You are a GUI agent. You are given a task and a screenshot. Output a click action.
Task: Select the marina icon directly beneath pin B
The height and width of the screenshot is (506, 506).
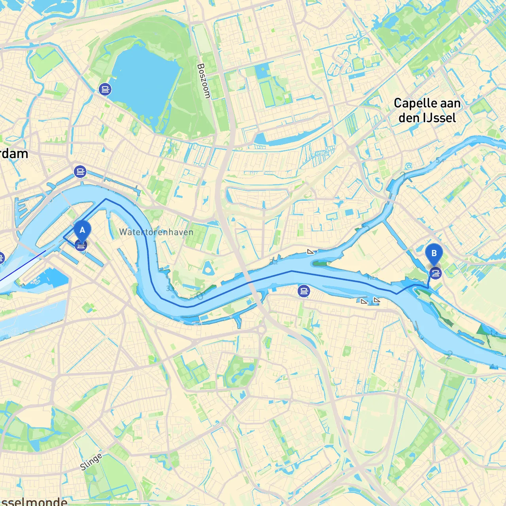point(435,273)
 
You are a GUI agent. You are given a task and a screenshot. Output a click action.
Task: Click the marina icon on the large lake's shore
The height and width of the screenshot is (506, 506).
point(105,89)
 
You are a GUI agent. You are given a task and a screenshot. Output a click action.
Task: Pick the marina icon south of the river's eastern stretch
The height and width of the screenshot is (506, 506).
point(304,291)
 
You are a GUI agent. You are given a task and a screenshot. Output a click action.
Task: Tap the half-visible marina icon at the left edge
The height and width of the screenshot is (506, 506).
point(1,259)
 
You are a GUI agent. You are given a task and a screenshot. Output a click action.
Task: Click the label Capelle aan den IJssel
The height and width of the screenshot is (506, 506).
point(427,110)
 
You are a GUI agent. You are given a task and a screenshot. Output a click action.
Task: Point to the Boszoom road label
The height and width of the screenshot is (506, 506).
point(204,81)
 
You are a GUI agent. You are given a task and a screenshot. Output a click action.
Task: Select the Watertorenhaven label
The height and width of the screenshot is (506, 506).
point(157,232)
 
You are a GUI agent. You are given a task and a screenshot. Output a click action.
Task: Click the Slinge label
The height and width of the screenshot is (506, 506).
point(91,461)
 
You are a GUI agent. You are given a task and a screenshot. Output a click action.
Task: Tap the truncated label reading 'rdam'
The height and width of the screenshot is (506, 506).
point(14,154)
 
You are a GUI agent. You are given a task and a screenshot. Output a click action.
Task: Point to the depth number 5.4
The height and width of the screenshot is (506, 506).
point(440,160)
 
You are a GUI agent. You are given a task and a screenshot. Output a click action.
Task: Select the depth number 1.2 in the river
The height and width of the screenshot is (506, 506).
point(370,277)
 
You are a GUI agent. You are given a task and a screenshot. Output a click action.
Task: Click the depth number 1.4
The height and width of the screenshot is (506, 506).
point(494,334)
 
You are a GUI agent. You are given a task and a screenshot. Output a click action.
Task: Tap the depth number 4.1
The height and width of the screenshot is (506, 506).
point(494,367)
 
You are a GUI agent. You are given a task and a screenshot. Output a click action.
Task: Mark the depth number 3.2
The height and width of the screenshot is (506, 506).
point(274,262)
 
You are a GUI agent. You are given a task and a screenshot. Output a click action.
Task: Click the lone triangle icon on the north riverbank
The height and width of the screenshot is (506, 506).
point(311,251)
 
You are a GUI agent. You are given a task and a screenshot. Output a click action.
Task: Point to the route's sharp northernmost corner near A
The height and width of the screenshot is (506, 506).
point(106,199)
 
